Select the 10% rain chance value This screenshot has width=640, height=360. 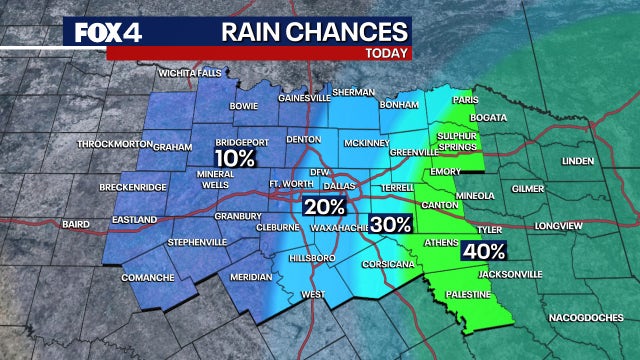pyautogui.click(x=234, y=158)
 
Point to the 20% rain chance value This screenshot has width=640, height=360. pyautogui.click(x=325, y=207)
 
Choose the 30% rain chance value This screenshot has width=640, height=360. pyautogui.click(x=391, y=225)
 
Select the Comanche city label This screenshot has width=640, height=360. pyautogui.click(x=148, y=277)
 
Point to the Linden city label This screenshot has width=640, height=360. pyautogui.click(x=577, y=160)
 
